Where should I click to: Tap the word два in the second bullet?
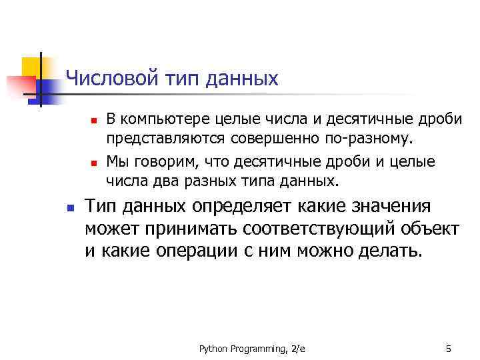[159, 181]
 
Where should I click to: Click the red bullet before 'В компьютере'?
[94, 121]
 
